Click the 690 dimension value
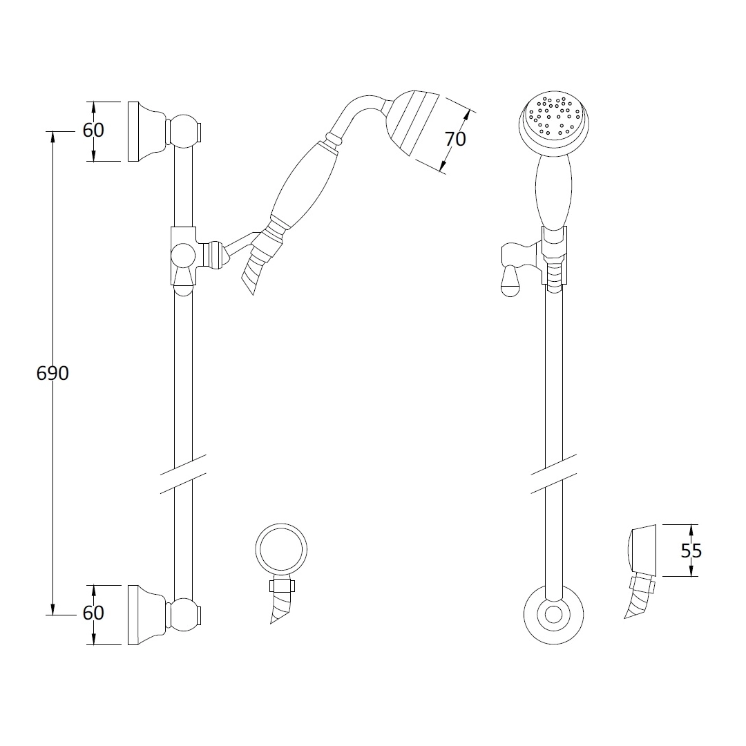[52, 374]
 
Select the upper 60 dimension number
[93, 130]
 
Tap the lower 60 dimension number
[93, 613]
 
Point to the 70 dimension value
[455, 139]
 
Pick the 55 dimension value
[691, 551]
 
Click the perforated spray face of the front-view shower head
[554, 116]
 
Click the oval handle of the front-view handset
[553, 191]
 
